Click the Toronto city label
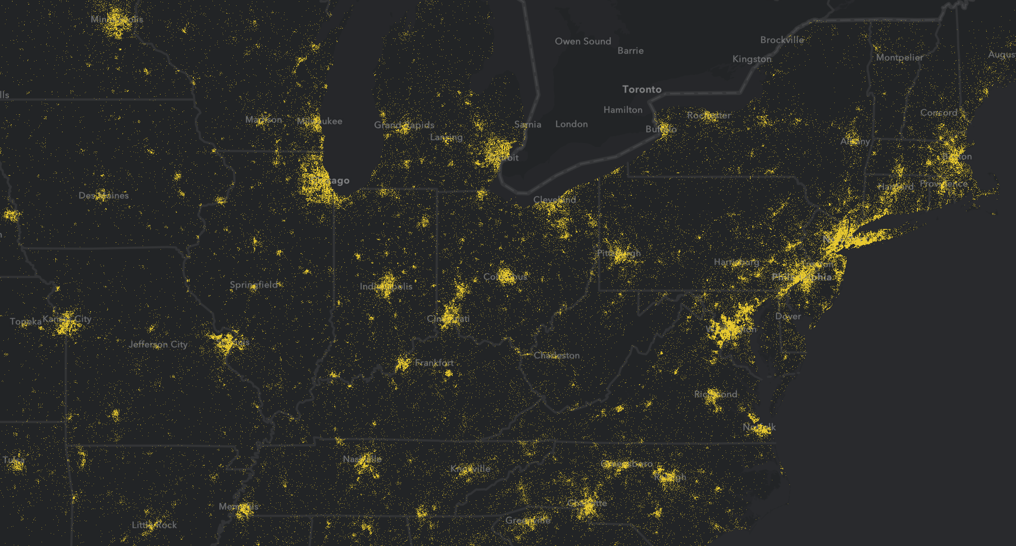[x=641, y=89]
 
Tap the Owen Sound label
[x=583, y=41]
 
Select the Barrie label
[x=630, y=51]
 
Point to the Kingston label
[x=752, y=59]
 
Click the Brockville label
[x=782, y=40]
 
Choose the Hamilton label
[x=623, y=110]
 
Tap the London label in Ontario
[x=571, y=124]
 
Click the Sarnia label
[x=528, y=124]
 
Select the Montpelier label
[x=899, y=57]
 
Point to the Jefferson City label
[x=158, y=344]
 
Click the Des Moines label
[x=104, y=195]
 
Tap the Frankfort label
[x=434, y=363]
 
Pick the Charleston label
[x=557, y=355]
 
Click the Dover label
[x=788, y=316]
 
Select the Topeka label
[x=26, y=322]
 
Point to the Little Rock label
[x=154, y=525]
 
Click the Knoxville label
[x=470, y=469]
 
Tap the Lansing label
[x=446, y=137]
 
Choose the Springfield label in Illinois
[x=254, y=285]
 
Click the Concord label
[x=939, y=113]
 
